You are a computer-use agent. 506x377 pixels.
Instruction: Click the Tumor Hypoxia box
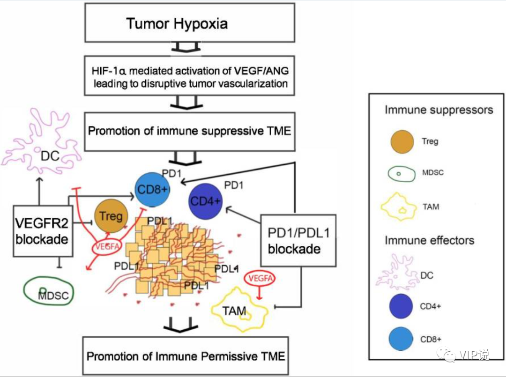pyautogui.click(x=190, y=22)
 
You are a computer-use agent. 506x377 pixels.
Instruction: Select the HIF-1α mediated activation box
pyautogui.click(x=190, y=76)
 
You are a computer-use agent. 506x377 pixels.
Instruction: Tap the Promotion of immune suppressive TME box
pyautogui.click(x=190, y=132)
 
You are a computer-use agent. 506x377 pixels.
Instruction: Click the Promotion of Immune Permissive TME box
pyautogui.click(x=186, y=355)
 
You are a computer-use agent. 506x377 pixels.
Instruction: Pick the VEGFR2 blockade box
pyautogui.click(x=43, y=231)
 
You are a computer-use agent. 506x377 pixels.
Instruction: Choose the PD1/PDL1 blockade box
pyautogui.click(x=298, y=241)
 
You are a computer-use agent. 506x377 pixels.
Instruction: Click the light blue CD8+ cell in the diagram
pyautogui.click(x=152, y=190)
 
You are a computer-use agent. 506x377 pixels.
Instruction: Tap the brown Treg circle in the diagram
pyautogui.click(x=111, y=216)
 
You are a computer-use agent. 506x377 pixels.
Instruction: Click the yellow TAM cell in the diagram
pyautogui.click(x=239, y=310)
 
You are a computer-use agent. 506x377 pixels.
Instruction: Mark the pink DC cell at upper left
pyautogui.click(x=41, y=142)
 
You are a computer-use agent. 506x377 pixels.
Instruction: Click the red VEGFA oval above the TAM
pyautogui.click(x=260, y=278)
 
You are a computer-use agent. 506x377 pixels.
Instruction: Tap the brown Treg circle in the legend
pyautogui.click(x=402, y=141)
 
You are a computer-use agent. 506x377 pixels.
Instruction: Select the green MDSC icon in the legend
pyautogui.click(x=402, y=173)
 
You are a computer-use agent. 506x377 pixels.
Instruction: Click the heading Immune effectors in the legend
pyautogui.click(x=430, y=240)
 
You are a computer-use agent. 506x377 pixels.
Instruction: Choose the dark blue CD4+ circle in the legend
pyautogui.click(x=401, y=306)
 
